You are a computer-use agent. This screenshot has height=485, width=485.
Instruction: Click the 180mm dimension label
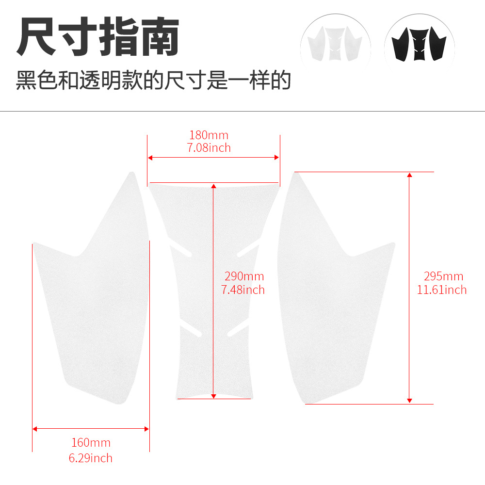[209, 135]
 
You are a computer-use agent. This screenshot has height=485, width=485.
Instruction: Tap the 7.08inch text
[209, 148]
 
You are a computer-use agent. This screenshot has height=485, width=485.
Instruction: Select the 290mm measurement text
[244, 276]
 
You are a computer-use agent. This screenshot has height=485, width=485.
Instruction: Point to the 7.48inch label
[243, 290]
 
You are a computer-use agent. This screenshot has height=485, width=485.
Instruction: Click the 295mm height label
[444, 276]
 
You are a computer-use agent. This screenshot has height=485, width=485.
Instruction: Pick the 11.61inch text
[442, 290]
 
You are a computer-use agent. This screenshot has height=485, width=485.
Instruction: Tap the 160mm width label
[91, 443]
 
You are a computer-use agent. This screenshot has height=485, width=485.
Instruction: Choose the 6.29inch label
[90, 458]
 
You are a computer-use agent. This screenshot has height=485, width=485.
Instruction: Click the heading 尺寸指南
[98, 36]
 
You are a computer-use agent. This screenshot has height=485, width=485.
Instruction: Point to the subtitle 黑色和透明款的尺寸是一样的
[153, 80]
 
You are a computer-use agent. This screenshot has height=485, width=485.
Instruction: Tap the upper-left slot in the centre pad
[180, 251]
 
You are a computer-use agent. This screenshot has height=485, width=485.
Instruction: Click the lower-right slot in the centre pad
[238, 331]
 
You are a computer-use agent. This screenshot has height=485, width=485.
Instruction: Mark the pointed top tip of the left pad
[132, 173]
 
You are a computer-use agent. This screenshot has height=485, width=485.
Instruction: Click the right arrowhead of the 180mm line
[277, 158]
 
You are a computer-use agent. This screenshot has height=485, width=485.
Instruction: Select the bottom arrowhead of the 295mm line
[409, 401]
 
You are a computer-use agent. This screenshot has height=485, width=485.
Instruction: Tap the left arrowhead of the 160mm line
[34, 429]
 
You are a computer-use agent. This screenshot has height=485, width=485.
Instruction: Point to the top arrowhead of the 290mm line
[213, 186]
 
